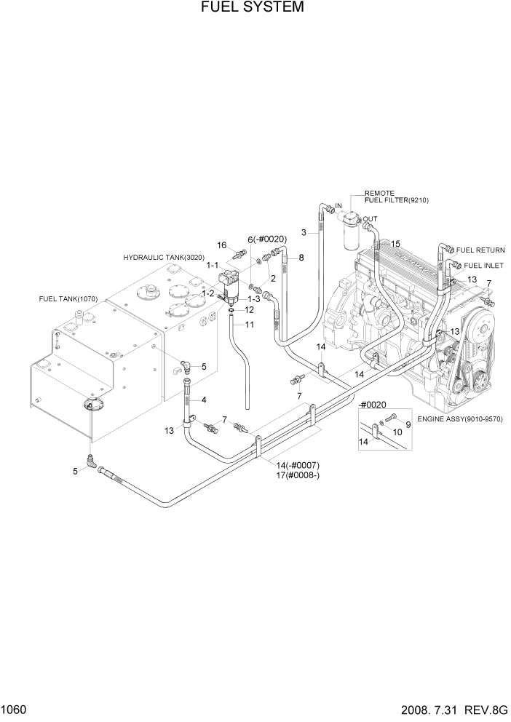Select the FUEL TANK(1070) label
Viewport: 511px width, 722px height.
click(x=68, y=299)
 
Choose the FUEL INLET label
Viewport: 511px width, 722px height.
click(x=483, y=266)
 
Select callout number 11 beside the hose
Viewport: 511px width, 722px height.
click(x=249, y=325)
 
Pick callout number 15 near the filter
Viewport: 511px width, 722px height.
click(x=395, y=244)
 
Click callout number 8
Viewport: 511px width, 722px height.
click(x=301, y=258)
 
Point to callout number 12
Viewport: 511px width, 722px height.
click(x=249, y=310)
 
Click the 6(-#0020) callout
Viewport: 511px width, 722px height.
click(x=266, y=239)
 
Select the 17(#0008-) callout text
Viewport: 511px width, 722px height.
click(x=298, y=476)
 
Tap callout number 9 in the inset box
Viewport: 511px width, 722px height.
click(x=408, y=424)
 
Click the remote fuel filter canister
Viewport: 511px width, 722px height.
click(x=347, y=234)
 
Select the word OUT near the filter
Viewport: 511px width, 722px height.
click(x=371, y=218)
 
